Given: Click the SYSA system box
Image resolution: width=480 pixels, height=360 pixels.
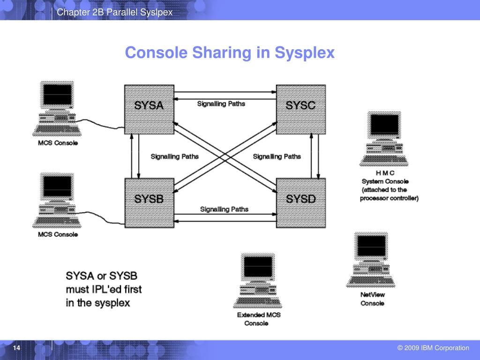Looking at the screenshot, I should [x=149, y=108].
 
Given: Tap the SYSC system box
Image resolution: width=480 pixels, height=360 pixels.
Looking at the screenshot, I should [x=300, y=108].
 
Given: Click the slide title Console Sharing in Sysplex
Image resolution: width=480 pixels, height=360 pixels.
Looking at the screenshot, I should [x=230, y=52].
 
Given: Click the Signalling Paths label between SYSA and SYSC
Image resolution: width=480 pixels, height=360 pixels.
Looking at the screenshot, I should [x=221, y=104].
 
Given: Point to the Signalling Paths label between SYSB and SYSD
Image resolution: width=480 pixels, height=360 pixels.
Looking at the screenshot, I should [x=224, y=209].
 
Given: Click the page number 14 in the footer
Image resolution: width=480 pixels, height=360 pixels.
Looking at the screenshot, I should [x=17, y=348].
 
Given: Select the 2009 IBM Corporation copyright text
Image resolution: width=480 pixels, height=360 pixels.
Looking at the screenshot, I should [x=433, y=348].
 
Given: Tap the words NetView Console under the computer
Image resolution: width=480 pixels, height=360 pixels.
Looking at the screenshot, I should [x=372, y=299].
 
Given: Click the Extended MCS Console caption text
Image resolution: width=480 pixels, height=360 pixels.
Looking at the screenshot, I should [x=258, y=319].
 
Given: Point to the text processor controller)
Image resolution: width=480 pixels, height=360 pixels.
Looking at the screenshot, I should [x=389, y=198].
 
